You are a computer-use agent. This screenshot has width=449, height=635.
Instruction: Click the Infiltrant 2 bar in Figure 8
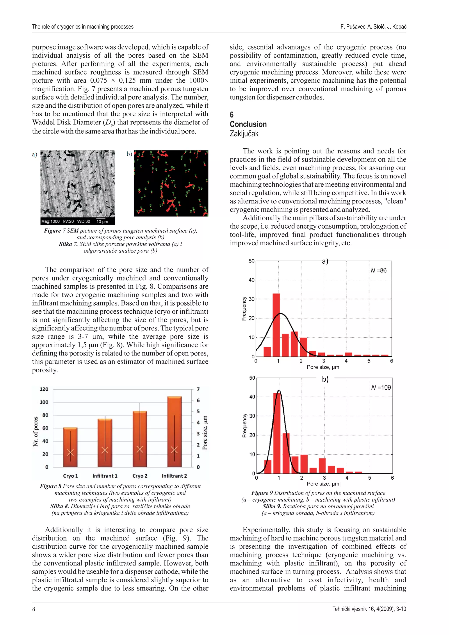[174, 431]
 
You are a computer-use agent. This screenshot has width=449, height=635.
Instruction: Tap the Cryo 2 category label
[140, 476]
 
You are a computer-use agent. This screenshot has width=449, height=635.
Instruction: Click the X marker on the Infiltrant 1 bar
[105, 450]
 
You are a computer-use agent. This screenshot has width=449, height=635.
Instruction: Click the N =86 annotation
[378, 270]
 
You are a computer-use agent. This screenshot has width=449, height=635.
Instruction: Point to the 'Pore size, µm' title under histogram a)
[323, 367]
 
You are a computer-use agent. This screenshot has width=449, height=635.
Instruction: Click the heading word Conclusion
[248, 124]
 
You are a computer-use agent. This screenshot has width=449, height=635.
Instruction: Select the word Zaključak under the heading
[244, 134]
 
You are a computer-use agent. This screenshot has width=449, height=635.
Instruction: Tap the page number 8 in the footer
[34, 609]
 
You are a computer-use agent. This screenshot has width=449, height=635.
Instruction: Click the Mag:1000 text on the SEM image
[50, 221]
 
